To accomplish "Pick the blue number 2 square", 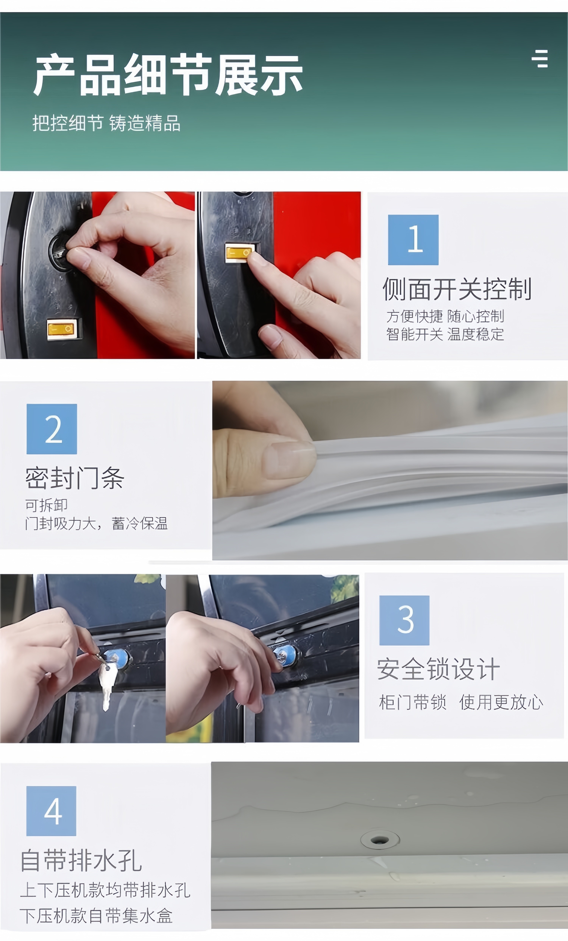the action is pyautogui.click(x=51, y=429).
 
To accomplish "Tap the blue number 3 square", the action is pyautogui.click(x=404, y=620).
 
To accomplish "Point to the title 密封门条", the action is pyautogui.click(x=75, y=478).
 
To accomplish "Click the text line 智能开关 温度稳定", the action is pyautogui.click(x=445, y=334).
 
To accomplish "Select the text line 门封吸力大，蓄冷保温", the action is pyautogui.click(x=96, y=523).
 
